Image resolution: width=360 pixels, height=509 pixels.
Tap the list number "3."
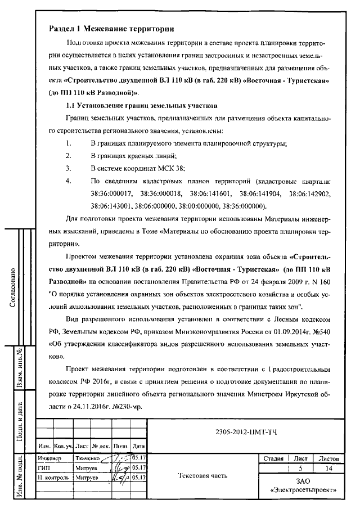coord(69,168)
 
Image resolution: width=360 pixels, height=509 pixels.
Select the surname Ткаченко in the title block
coord(87,458)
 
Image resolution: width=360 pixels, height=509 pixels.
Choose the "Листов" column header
coord(328,458)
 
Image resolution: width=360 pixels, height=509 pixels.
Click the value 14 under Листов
coord(328,468)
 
